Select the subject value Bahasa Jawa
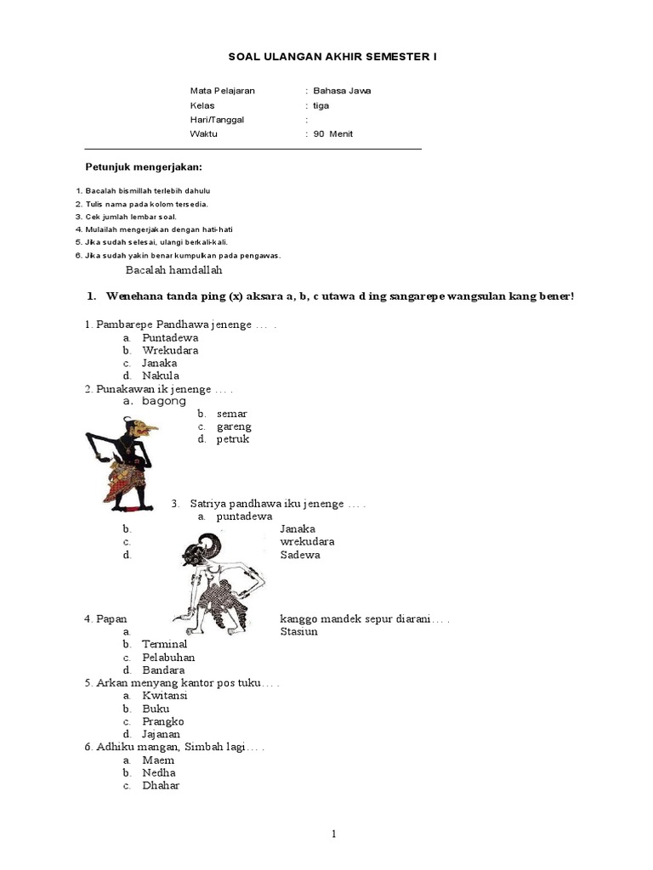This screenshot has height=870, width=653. point(342,91)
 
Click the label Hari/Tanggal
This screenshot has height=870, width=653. point(217,120)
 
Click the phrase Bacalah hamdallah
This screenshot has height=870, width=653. point(173,270)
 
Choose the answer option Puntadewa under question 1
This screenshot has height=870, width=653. point(170,337)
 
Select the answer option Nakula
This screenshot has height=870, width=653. point(161,376)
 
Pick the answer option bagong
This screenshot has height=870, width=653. point(163,400)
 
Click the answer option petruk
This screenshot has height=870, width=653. point(232,439)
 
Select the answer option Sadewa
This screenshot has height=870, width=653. point(300,555)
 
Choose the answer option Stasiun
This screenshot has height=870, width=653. point(298,631)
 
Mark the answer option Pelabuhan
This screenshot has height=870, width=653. point(168,657)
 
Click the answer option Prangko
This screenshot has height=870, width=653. point(163,721)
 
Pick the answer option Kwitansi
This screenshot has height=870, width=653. point(165,695)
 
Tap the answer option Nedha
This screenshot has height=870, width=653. point(159,772)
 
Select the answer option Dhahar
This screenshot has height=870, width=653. point(161,785)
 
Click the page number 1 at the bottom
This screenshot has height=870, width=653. point(335,833)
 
